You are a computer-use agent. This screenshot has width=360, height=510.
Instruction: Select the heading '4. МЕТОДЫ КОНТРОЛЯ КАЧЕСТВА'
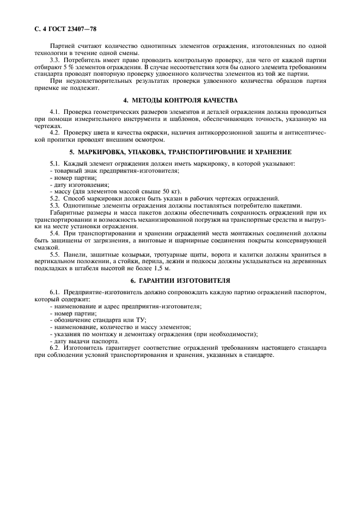180,101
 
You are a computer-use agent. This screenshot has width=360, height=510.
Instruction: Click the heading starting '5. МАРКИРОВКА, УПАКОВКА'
180,151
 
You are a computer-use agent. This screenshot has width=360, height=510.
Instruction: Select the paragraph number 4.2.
54,132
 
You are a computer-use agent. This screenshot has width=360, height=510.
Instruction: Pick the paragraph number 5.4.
54,233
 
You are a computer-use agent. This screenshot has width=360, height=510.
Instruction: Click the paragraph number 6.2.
54,348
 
